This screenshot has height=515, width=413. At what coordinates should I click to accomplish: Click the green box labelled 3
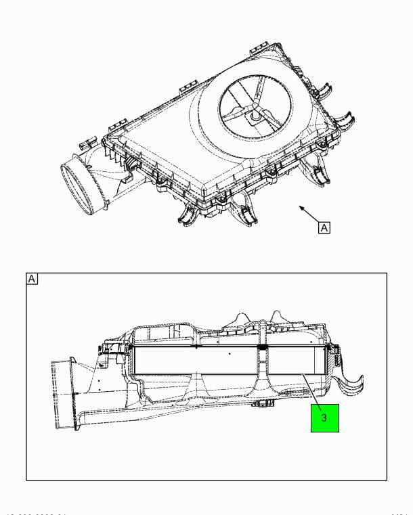coord(324,418)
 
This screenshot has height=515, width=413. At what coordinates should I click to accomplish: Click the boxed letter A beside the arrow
coord(324,227)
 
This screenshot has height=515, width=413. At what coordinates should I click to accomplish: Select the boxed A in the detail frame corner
coord(32,279)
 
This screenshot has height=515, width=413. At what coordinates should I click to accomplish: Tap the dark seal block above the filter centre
coord(262,347)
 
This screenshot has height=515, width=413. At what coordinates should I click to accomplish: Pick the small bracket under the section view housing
coord(262,404)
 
